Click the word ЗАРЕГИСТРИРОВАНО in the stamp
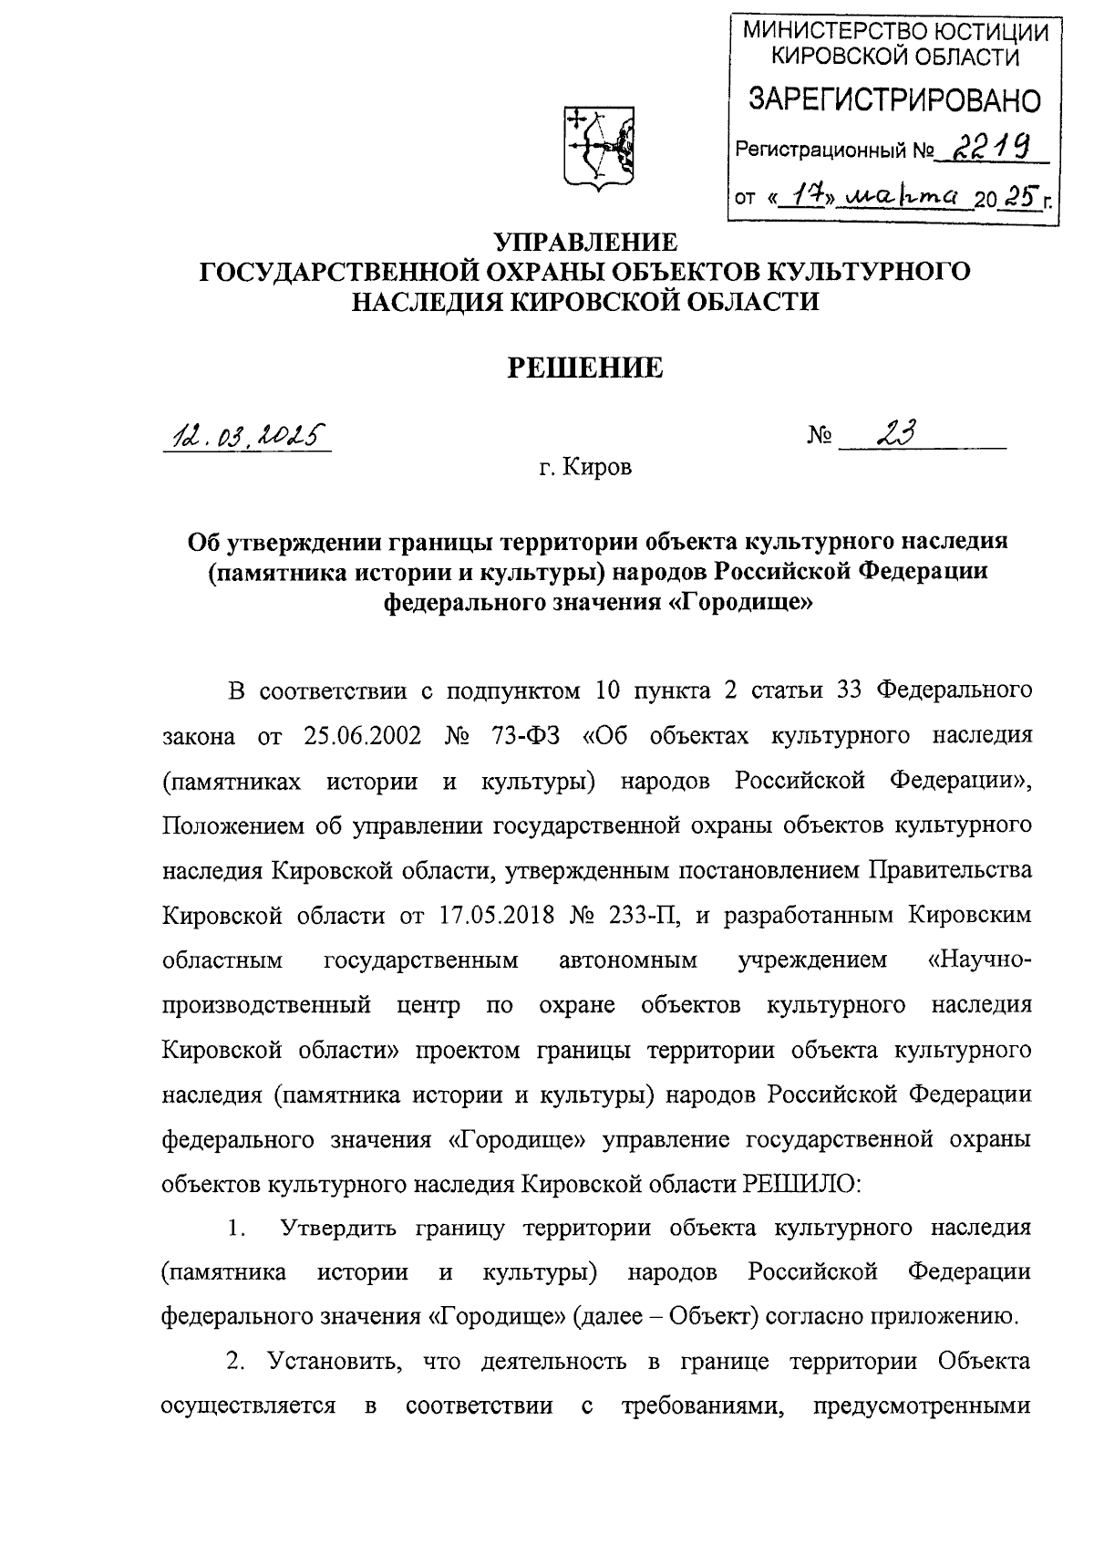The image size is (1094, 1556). click(x=893, y=99)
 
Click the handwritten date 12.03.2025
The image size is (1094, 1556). click(x=245, y=438)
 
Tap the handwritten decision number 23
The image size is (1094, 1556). click(x=895, y=434)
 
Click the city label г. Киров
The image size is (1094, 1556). click(x=584, y=468)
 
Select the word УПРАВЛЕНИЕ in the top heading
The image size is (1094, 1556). click(x=585, y=243)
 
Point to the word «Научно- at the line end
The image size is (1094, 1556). click(x=974, y=960)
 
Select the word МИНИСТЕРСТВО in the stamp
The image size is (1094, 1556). click(x=829, y=32)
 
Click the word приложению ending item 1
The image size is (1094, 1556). click(x=941, y=1316)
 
